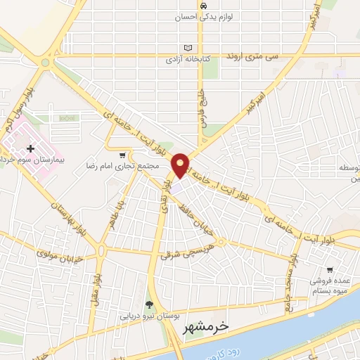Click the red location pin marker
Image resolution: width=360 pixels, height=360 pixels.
coord(181,165)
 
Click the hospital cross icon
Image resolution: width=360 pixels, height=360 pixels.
coord(30,148)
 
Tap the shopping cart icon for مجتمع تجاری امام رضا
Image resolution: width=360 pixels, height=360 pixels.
coord(123,155)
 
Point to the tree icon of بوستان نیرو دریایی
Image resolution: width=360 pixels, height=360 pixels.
coord(149,304)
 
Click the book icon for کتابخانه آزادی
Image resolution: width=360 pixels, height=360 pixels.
coord(186,48)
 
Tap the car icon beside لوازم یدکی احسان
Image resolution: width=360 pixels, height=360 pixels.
coord(204,6)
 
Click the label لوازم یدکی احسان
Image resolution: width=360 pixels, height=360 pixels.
coord(202,17)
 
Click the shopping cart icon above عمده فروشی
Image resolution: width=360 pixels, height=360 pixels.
coord(329,270)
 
